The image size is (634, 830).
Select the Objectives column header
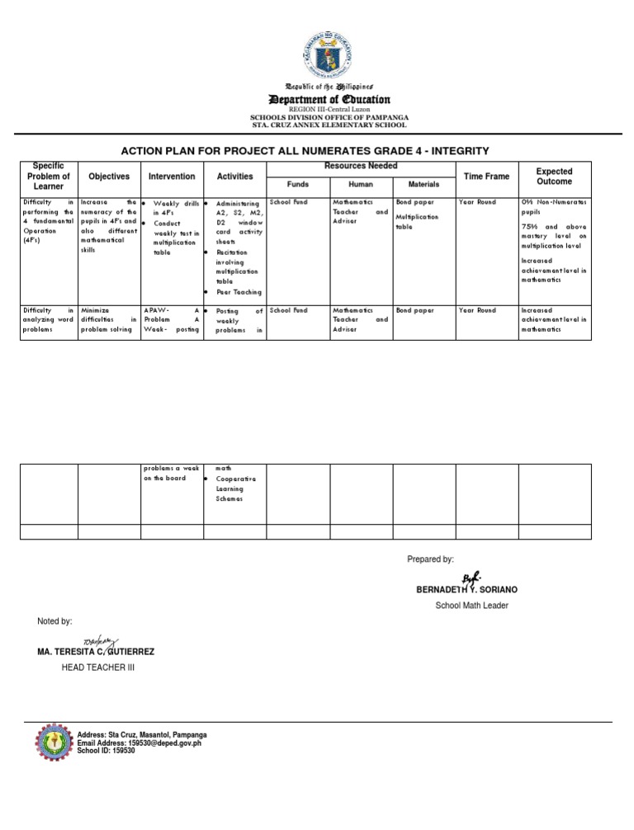[x=109, y=177]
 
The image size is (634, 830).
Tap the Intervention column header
[x=172, y=177]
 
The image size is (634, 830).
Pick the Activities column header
[x=235, y=177]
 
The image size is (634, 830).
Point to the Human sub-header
[x=362, y=185]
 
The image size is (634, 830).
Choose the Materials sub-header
[x=423, y=185]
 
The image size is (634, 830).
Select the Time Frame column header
[x=487, y=177]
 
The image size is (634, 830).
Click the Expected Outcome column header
[x=554, y=177]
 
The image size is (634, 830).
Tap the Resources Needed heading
[x=362, y=167]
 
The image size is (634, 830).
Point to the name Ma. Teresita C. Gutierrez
[x=96, y=652]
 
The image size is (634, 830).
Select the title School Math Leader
[x=471, y=606]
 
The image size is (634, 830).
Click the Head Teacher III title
[x=98, y=667]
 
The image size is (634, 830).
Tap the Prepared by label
[x=430, y=559]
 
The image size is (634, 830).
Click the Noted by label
[x=55, y=620]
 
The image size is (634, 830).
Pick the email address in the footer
[x=139, y=743]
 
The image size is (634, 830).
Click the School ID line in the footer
[x=106, y=751]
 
